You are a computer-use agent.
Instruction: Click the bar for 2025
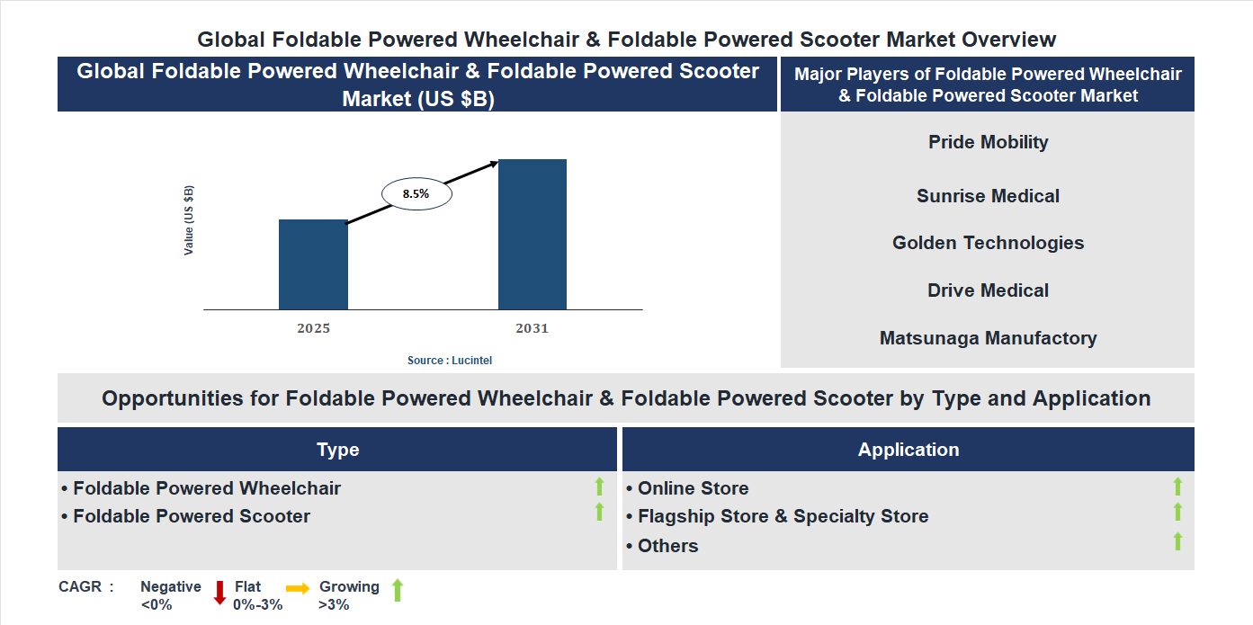point(313,264)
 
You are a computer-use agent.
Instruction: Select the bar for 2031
point(533,235)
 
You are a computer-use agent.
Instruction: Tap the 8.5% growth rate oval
point(416,193)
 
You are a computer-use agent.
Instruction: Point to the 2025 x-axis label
point(313,328)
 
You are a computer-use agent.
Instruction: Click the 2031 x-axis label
point(532,328)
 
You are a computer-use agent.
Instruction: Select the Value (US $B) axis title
point(189,220)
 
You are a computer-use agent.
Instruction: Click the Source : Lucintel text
point(450,360)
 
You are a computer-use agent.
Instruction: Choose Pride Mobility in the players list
point(989,142)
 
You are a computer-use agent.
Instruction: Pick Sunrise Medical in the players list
point(988,196)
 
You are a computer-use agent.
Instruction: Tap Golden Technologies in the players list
point(988,243)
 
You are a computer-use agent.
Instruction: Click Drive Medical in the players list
point(988,290)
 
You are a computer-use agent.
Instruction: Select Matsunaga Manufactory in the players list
point(988,338)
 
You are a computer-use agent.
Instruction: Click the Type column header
point(337,450)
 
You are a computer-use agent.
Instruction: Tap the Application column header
point(908,450)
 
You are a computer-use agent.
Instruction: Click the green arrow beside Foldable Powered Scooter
point(599,513)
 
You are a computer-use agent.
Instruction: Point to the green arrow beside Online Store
point(1177,487)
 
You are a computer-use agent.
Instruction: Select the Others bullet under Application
point(667,546)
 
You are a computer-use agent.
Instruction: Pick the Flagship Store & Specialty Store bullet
point(783,516)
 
